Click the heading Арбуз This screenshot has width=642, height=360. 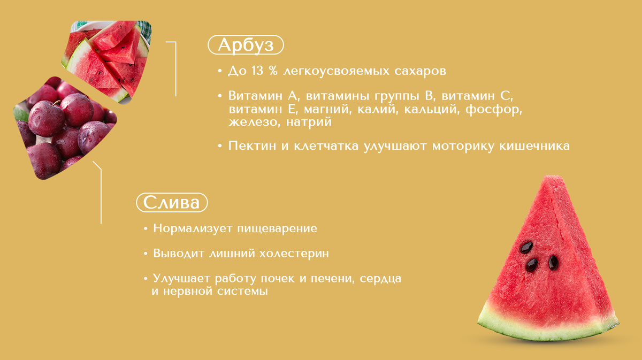pos(246,45)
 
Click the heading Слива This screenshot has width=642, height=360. pos(172,203)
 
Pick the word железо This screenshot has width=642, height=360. pos(250,122)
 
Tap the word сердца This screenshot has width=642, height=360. pos(381,279)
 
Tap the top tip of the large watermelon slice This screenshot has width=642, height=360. pos(552,179)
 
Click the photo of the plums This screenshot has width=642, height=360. pos(64,128)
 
